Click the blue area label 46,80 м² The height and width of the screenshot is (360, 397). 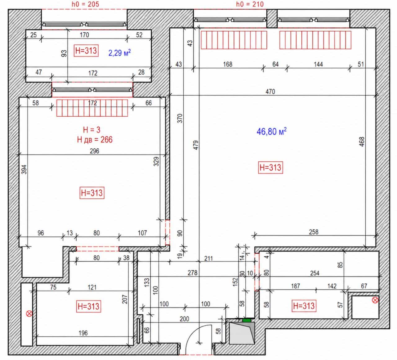point(271,131)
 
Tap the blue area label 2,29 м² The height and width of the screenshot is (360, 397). point(119,53)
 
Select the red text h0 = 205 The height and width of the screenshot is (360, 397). point(85,4)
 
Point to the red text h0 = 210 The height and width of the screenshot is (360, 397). point(250,4)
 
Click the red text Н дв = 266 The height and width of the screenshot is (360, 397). point(95,140)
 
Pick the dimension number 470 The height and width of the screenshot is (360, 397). point(270,92)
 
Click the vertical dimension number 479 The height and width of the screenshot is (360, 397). point(196,145)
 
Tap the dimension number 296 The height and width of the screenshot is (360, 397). point(94,151)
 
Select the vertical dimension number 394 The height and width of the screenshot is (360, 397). point(24,169)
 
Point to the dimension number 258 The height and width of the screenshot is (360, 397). point(314,232)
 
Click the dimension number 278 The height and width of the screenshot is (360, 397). point(193,273)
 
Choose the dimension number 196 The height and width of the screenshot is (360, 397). point(83,333)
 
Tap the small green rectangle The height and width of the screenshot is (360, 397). point(247,320)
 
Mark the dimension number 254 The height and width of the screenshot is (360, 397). point(315,273)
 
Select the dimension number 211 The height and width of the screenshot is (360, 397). point(209,259)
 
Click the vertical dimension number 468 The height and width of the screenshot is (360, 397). point(362,142)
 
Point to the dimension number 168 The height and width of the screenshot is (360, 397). point(228,64)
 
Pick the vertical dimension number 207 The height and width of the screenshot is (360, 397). point(124,299)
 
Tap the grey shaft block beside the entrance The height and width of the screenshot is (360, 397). point(242,333)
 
